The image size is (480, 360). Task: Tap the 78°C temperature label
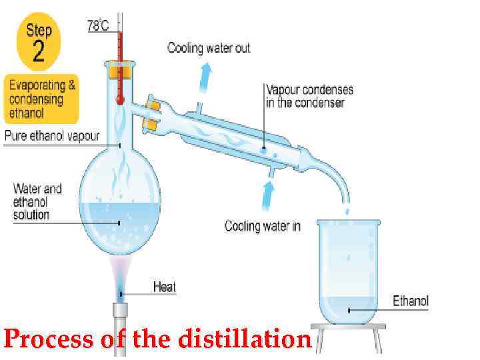[x=98, y=25]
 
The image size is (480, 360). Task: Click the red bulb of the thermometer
[x=120, y=100]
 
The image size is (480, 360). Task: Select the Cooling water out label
[x=209, y=48]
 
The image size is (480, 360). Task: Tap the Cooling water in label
[x=262, y=227]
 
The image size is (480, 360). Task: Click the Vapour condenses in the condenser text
[x=309, y=96]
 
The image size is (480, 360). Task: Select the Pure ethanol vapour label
[x=52, y=136]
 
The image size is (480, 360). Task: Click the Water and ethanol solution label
[x=37, y=201]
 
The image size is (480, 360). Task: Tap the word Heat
[x=165, y=287]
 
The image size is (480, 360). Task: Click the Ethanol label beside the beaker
[x=410, y=301]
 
